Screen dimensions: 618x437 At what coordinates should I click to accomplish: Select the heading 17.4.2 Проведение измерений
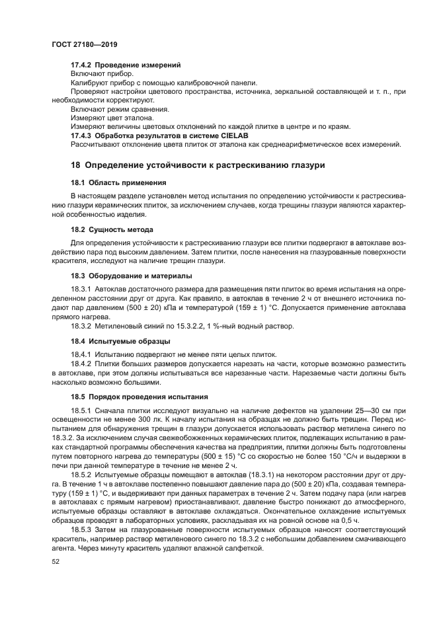click(126, 65)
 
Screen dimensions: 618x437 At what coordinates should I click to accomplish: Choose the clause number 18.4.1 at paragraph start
click(81, 354)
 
